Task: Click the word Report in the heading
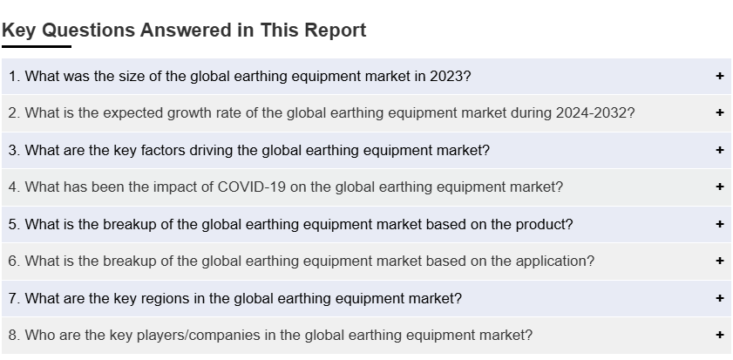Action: coord(336,31)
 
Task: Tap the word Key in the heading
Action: coord(20,31)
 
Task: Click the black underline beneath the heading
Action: coord(37,46)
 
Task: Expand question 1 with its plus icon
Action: coord(719,76)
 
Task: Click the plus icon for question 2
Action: coord(719,112)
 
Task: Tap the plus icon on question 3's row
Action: coord(719,150)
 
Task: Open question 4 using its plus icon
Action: coord(719,187)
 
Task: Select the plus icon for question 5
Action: coord(719,224)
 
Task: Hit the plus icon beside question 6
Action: coord(719,261)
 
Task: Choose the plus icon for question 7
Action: coord(719,298)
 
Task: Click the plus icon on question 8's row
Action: coord(719,335)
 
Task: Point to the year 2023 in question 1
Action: coord(446,76)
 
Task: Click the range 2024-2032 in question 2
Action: coord(591,113)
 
